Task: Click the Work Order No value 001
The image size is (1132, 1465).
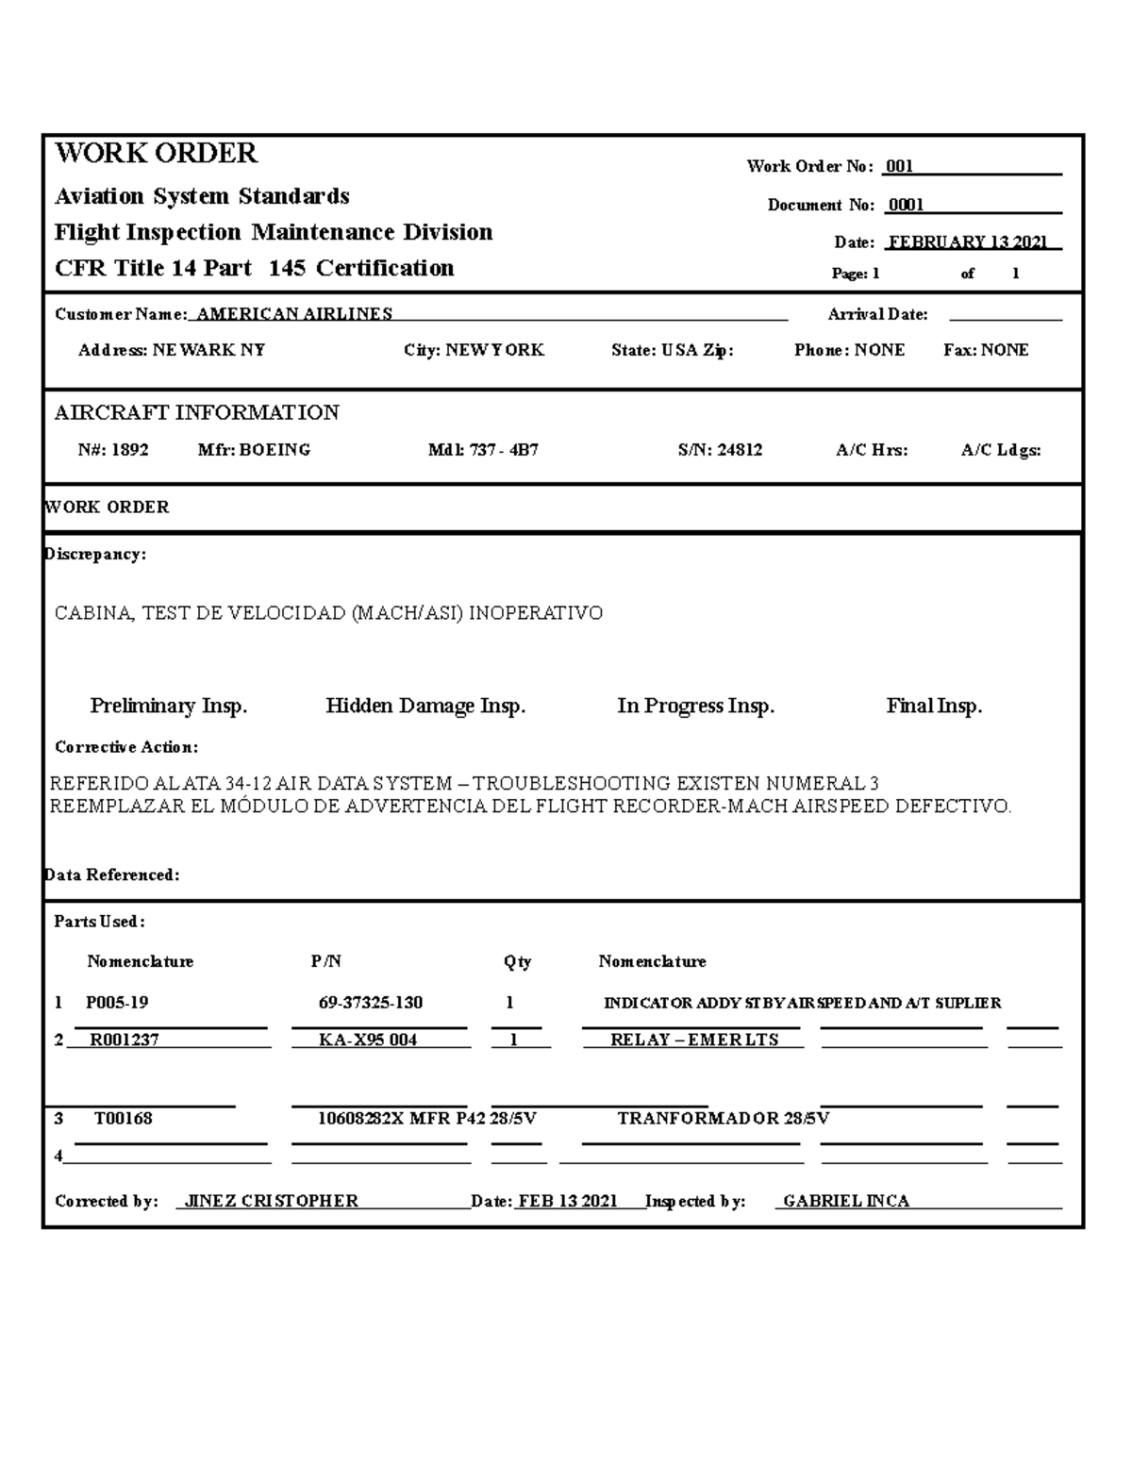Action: point(900,167)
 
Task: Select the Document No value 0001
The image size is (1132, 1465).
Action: point(906,206)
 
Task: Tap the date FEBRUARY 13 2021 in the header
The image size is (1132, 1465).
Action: point(968,242)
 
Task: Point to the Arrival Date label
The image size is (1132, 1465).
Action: point(877,314)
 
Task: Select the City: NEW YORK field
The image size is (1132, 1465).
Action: point(474,350)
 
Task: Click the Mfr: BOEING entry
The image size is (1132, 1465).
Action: point(254,450)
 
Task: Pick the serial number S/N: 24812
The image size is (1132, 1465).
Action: point(720,450)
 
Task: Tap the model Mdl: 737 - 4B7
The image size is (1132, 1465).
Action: point(483,450)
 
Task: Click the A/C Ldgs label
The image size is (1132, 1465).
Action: point(1001,450)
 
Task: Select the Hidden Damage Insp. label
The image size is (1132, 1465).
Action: point(425,706)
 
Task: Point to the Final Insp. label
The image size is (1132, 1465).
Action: point(934,706)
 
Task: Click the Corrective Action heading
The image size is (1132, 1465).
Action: point(126,747)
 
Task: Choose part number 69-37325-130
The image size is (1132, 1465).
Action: point(371,1003)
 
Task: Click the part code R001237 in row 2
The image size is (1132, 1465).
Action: point(125,1040)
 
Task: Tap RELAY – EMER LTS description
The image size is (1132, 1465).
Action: point(694,1040)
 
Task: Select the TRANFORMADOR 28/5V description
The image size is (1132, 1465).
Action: point(724,1119)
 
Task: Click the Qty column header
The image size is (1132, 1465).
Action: point(517,962)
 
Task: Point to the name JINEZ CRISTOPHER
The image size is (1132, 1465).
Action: point(272,1201)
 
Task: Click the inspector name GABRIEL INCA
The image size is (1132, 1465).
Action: point(846,1201)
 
